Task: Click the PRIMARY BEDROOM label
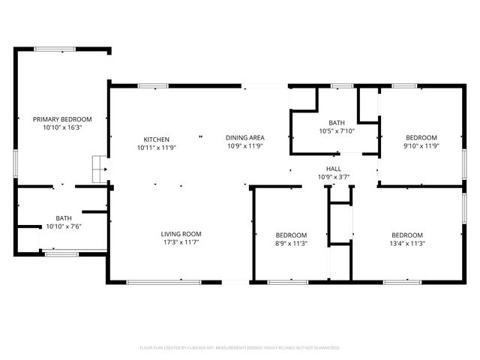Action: tap(62, 119)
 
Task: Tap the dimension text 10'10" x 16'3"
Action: tap(62, 128)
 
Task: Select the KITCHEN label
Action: tap(157, 139)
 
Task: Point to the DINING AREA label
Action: tap(245, 137)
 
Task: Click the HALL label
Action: tap(334, 168)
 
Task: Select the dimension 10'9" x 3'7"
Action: tap(334, 177)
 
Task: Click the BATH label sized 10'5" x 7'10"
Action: tap(336, 123)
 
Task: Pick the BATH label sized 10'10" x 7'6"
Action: tap(63, 217)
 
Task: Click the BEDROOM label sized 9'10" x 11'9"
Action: tap(421, 137)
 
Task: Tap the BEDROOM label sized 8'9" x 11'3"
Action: tap(290, 235)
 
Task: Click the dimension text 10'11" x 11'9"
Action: tap(157, 148)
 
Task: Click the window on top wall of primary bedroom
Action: tap(55, 49)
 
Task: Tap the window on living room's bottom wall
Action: tap(163, 282)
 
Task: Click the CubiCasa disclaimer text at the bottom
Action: tap(240, 348)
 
